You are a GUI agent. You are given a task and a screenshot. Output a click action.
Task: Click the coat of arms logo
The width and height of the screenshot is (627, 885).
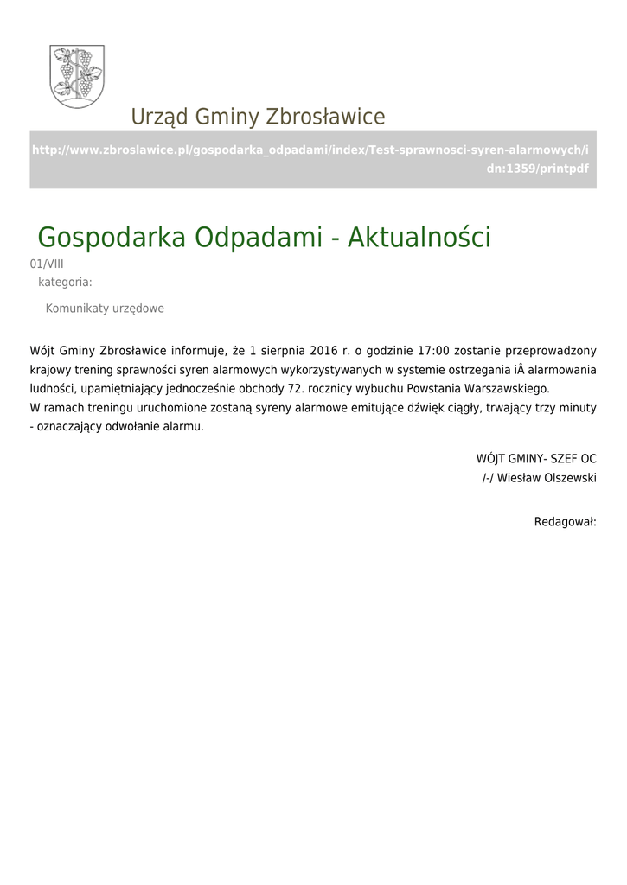[x=78, y=76]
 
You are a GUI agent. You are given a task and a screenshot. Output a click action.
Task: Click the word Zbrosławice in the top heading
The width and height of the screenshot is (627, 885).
[x=325, y=117]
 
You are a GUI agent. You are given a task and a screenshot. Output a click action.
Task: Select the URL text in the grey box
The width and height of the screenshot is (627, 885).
[x=312, y=159]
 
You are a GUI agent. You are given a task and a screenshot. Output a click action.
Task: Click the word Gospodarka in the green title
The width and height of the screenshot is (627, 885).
[x=112, y=238]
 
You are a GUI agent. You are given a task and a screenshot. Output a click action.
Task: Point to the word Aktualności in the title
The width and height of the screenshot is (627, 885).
[x=419, y=237]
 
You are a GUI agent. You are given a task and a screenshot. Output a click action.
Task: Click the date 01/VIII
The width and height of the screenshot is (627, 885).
[x=47, y=264]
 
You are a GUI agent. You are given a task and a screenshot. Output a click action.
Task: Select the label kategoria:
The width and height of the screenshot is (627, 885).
[x=65, y=282]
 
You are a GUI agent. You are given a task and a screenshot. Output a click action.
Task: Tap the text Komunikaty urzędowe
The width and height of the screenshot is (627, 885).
[x=105, y=309]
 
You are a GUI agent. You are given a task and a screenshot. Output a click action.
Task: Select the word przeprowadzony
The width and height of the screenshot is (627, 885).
[x=553, y=351]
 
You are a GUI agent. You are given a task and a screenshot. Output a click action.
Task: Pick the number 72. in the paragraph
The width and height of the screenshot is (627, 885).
[x=298, y=388]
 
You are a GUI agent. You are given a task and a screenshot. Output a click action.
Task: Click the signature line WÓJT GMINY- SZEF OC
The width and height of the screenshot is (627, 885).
[x=536, y=459]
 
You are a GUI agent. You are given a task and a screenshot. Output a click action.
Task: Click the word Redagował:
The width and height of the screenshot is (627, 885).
[x=566, y=522]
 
